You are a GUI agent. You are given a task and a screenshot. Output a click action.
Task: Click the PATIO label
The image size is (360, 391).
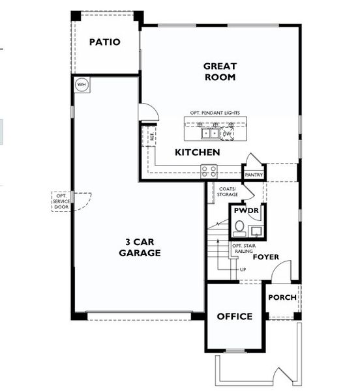point(104,42)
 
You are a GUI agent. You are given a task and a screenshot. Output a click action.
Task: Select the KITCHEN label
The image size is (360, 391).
point(197,152)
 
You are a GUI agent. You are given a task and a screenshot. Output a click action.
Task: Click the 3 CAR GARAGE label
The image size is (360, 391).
point(140,247)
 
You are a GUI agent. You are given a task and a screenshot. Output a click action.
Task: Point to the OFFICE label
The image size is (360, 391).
point(235,316)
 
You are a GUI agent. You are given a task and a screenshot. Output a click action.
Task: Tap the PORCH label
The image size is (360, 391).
point(282,297)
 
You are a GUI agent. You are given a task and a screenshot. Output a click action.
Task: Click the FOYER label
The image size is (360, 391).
point(266,257)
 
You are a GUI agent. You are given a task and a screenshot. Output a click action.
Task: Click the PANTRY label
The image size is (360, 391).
point(253,175)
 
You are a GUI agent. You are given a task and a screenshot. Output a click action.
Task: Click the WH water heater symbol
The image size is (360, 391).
point(82,84)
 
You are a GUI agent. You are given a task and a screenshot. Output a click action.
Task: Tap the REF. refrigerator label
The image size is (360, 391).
point(152,136)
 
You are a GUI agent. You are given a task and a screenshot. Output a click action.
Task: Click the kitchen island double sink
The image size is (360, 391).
point(209,134)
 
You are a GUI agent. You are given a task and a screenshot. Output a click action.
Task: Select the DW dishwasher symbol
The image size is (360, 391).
point(227,134)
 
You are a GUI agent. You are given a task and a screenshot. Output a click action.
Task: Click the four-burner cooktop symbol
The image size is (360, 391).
point(209,171)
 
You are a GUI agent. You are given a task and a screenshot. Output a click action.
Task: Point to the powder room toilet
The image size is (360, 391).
point(239,227)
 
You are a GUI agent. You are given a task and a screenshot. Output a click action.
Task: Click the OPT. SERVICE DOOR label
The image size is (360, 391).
point(61,201)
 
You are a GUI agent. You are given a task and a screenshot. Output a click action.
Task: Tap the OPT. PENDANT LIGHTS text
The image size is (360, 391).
point(215,113)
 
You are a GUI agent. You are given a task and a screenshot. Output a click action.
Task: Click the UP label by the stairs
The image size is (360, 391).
point(243,269)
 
